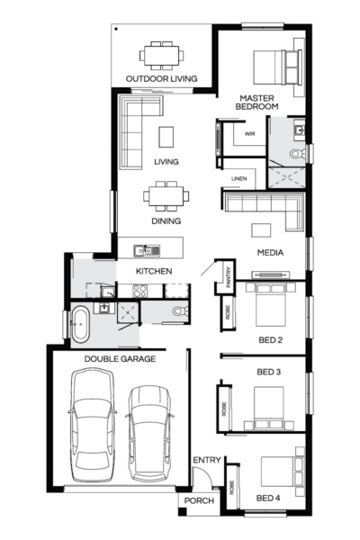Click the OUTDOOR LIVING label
tap(162, 78)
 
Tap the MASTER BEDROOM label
tap(256, 101)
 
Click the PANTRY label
tap(229, 274)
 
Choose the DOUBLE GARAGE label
tap(120, 359)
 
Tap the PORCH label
tap(199, 501)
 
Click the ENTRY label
tap(206, 461)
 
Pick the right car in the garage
tap(149, 430)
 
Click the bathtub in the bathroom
tap(80, 323)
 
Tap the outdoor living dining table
tap(162, 54)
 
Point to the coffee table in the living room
tap(166, 136)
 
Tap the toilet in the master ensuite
tap(301, 154)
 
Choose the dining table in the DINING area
tap(166, 195)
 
